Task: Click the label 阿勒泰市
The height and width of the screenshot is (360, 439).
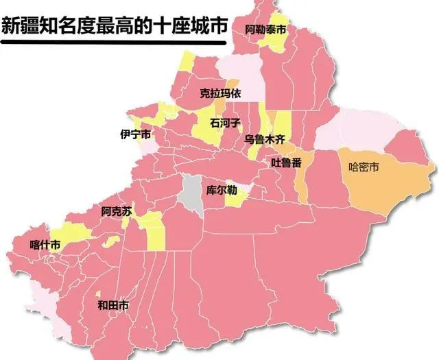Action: click(x=266, y=30)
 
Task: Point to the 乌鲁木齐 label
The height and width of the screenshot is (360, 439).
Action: click(x=264, y=139)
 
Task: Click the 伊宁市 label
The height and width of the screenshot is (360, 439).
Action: click(x=135, y=134)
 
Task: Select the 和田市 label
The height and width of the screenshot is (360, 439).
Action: click(x=112, y=305)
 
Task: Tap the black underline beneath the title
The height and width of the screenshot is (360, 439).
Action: click(x=113, y=43)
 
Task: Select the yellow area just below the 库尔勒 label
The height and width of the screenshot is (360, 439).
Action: click(x=235, y=200)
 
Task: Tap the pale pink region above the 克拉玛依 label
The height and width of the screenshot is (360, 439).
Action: click(x=240, y=72)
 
